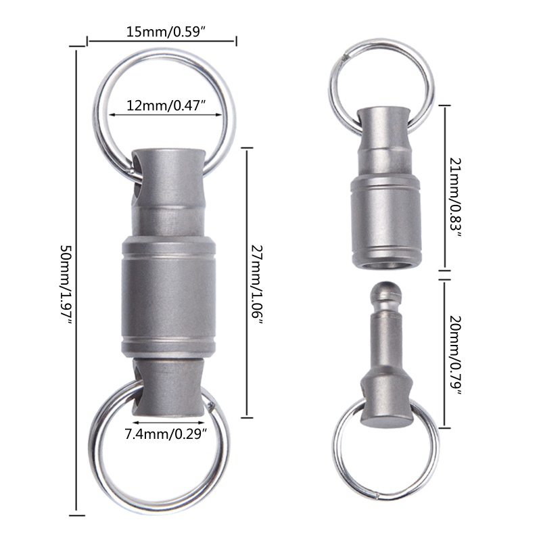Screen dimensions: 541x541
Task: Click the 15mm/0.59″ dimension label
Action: tap(162, 31)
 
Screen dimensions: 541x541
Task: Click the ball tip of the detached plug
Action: tap(386, 291)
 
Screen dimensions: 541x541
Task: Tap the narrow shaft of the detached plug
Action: tap(386, 338)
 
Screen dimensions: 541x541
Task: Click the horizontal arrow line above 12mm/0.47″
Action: tap(166, 115)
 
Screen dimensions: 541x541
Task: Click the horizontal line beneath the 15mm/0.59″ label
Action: tap(162, 42)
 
